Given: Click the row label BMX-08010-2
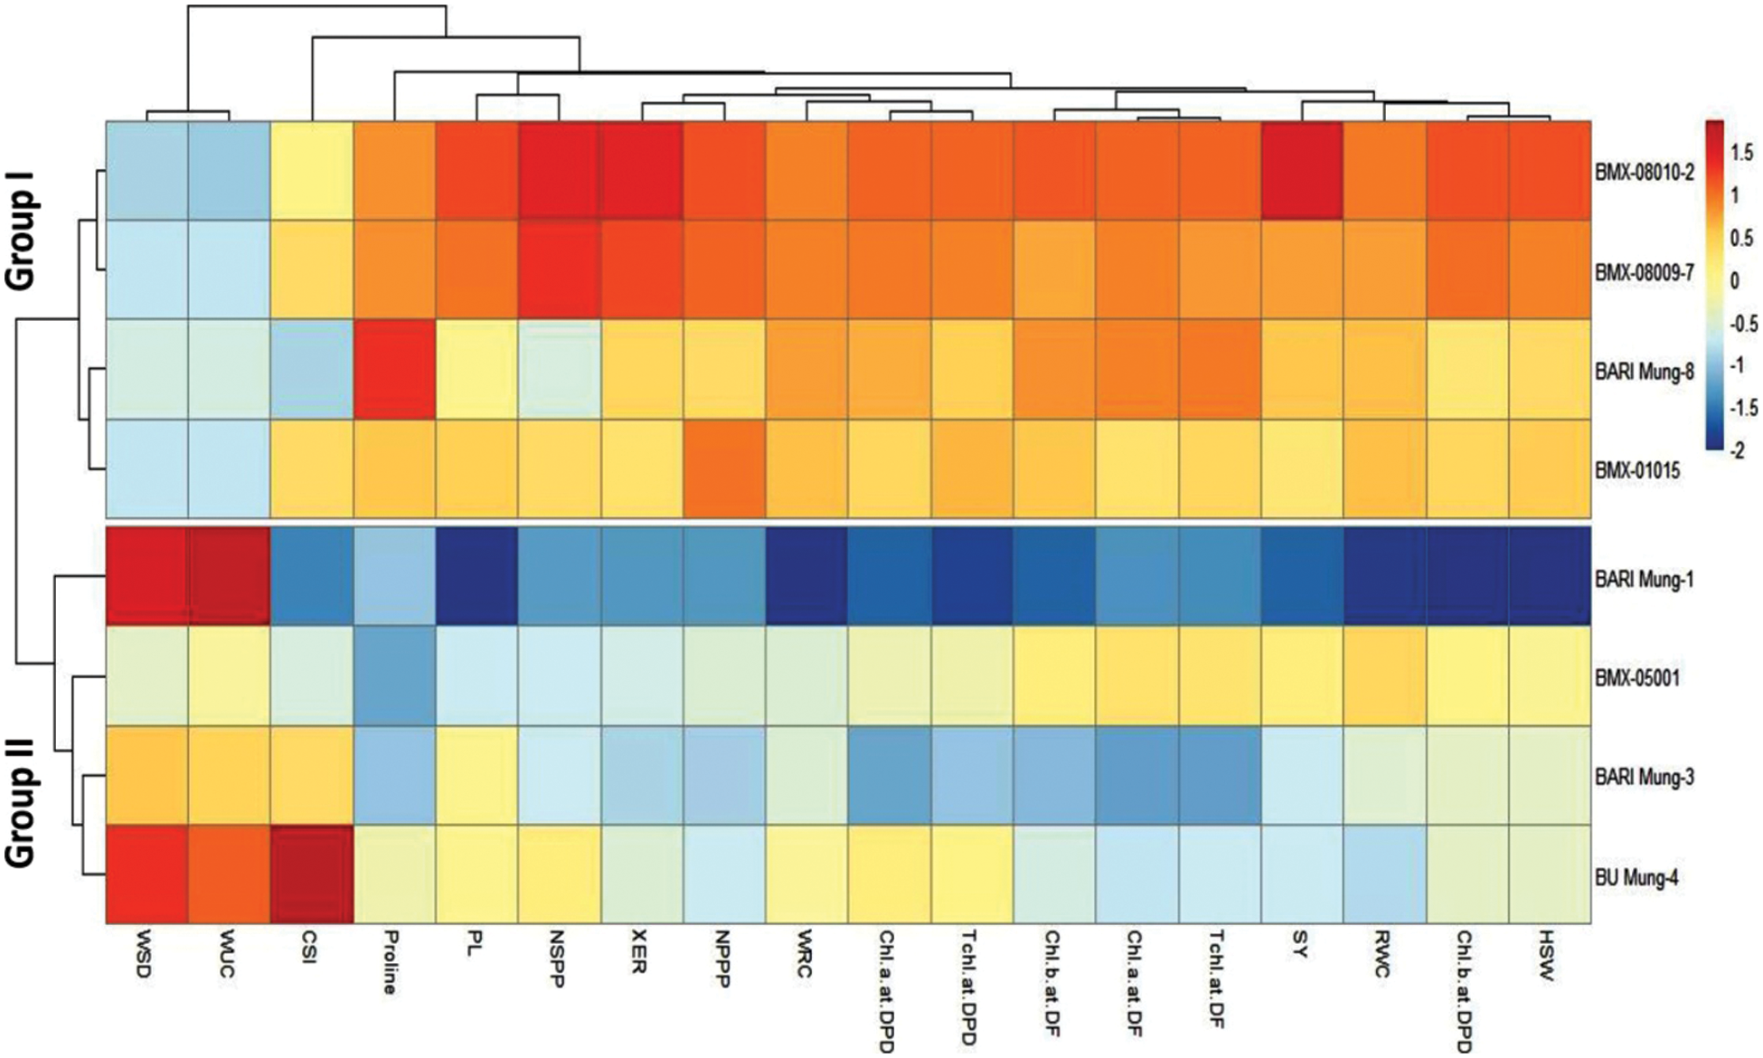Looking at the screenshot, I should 1645,172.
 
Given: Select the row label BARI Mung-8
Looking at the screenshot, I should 1645,372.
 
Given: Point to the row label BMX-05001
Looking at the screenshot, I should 1637,676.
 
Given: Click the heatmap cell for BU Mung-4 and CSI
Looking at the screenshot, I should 311,874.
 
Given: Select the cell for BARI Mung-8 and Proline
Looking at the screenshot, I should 394,369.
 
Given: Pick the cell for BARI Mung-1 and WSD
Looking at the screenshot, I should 147,576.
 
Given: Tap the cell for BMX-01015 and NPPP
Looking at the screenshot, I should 724,468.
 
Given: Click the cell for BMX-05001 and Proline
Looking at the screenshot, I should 394,675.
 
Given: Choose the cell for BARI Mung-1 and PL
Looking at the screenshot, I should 476,576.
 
